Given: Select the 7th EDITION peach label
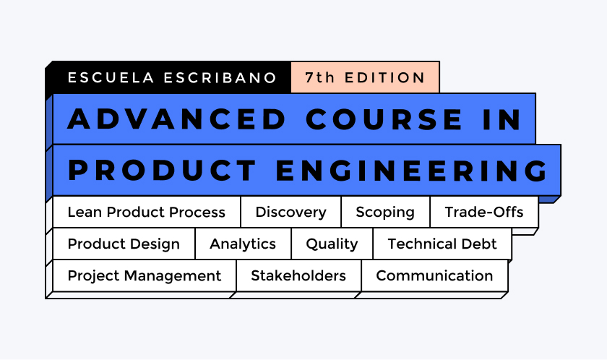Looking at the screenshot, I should pos(365,78).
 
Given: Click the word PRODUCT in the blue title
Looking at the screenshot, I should pos(162,171).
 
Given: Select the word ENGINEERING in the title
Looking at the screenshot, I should pos(412,171).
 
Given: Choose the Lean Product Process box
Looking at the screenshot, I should pos(146,213).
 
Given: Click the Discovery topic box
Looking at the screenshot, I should pos(290,213).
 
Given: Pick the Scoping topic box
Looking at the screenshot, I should pos(385,213).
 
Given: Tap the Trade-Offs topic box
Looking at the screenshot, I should pos(484,213).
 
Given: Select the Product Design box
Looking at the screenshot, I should pos(124,244).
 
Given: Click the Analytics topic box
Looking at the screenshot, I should pos(243,244).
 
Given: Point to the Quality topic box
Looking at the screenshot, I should pos(332,244).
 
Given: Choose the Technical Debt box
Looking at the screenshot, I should pos(442,244).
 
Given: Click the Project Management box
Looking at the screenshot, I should pos(144,276).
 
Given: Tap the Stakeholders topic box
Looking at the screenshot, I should pos(298,276).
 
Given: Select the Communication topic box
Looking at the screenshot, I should pos(434,276).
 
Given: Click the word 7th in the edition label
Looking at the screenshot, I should pos(319,78).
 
